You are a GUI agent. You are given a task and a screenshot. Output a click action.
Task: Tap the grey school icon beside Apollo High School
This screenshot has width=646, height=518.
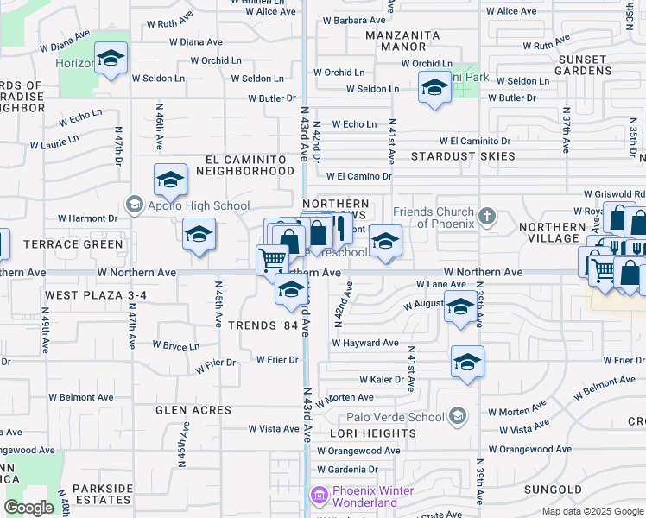click(x=133, y=205)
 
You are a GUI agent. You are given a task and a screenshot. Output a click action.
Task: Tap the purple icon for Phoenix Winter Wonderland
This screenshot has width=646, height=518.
click(x=318, y=496)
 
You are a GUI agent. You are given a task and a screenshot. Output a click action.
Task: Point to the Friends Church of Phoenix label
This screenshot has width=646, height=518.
click(x=434, y=218)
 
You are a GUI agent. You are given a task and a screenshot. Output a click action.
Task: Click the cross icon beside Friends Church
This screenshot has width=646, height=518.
click(x=487, y=216)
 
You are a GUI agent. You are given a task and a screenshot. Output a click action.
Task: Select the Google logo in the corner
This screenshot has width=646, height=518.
click(x=28, y=508)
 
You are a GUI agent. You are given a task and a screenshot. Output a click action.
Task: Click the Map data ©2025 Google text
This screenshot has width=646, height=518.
click(x=592, y=511)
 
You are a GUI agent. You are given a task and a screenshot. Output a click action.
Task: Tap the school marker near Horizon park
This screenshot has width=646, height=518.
click(x=111, y=59)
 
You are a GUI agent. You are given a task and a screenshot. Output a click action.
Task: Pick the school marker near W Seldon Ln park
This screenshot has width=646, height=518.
click(x=434, y=87)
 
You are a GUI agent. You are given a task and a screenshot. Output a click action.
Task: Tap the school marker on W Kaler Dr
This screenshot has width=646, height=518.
click(x=467, y=362)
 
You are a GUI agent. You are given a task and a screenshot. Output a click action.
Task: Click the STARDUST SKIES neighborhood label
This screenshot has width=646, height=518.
click(x=463, y=156)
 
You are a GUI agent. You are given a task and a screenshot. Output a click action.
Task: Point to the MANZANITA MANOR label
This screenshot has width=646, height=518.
click(x=402, y=41)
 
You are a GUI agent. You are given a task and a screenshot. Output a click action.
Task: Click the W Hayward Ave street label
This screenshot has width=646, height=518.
click(x=366, y=343)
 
